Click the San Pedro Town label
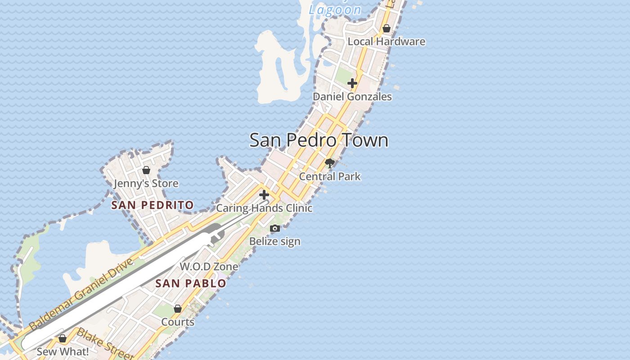click(x=319, y=140)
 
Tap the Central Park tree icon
click(x=330, y=163)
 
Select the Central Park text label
click(x=330, y=176)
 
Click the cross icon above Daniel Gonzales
click(x=352, y=83)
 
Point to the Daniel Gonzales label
click(x=352, y=97)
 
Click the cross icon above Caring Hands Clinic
click(x=264, y=195)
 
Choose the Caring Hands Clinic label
click(x=264, y=208)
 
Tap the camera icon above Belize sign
click(x=275, y=229)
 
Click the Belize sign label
click(x=275, y=242)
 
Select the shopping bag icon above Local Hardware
click(x=386, y=29)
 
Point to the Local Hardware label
click(x=386, y=42)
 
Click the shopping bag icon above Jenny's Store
click(x=146, y=170)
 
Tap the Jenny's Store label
click(x=146, y=184)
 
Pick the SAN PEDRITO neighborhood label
click(x=153, y=205)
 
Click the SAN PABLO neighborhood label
click(x=191, y=283)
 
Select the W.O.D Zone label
click(x=209, y=266)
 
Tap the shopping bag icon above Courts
click(x=178, y=309)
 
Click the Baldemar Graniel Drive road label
click(x=81, y=294)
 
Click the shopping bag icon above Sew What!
click(x=63, y=338)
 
